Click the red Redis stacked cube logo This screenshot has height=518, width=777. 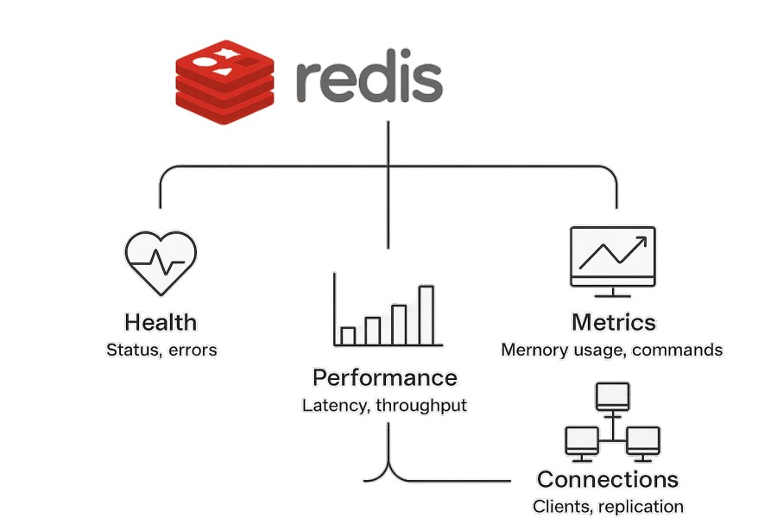(224, 82)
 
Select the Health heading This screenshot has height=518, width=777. (161, 323)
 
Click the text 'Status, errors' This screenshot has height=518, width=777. (161, 350)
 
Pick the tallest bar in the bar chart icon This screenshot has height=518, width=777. (426, 314)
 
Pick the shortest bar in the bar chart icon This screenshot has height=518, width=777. (348, 335)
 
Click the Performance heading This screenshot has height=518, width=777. (384, 378)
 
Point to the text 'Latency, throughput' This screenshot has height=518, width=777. (384, 405)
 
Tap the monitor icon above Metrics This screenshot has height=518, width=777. (613, 256)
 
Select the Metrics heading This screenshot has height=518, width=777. (613, 323)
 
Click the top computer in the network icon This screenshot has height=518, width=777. (612, 397)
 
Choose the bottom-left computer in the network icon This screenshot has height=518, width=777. (581, 440)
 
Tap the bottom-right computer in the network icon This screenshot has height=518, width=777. (643, 440)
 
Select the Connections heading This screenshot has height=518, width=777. (608, 479)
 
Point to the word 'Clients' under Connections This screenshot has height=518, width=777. (558, 507)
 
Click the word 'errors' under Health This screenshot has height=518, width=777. (193, 350)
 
